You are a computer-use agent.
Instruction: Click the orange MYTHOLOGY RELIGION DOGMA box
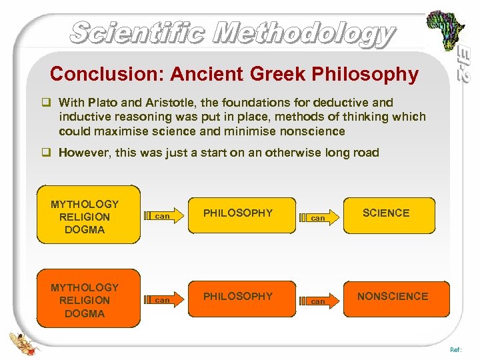coord(85,300)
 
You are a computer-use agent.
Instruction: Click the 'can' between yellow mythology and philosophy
coord(162,217)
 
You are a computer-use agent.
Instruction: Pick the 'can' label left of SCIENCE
coord(318,218)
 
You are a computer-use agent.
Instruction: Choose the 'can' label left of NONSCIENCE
coord(318,301)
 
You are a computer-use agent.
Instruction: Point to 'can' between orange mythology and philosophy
coord(162,300)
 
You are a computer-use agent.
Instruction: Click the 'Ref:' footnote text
coord(455,348)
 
